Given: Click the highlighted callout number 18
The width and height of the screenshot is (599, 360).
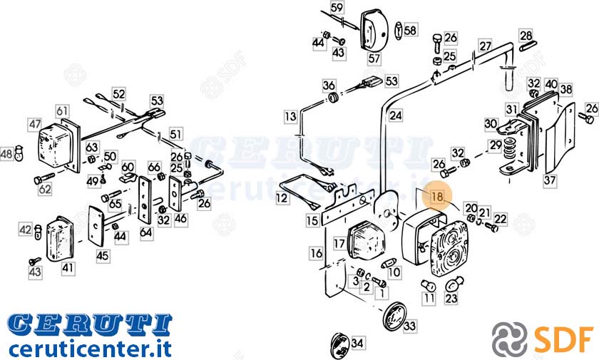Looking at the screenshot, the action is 436,197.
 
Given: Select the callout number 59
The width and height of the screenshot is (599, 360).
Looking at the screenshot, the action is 337,7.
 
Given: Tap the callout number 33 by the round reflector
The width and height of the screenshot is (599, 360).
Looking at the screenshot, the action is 409,326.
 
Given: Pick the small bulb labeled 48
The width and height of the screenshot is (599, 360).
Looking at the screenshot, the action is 19,153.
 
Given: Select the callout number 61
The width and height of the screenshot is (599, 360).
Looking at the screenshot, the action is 62,110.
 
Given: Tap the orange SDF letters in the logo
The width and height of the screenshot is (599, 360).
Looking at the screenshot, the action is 564,338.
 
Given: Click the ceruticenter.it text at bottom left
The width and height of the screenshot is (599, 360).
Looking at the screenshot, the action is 89,348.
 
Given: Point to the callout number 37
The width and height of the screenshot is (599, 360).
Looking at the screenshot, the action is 549,180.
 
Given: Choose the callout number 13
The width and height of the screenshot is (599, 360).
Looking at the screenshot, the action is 290,116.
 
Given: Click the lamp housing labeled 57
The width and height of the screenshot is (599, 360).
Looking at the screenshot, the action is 374,31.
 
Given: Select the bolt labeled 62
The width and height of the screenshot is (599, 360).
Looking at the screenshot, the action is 44,178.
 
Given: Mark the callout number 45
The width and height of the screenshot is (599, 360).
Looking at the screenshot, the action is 103,255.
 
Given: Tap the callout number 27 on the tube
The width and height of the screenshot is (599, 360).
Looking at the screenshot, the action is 485,46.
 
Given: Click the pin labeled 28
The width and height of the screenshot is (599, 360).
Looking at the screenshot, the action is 528,46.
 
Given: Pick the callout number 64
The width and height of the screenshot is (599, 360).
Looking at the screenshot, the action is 145,232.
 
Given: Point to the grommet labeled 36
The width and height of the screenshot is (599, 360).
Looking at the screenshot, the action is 334,98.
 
